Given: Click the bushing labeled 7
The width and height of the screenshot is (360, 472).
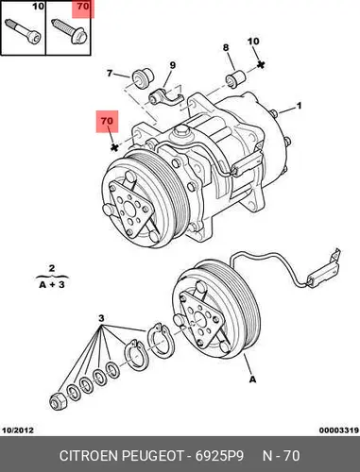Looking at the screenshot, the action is pos(142,77).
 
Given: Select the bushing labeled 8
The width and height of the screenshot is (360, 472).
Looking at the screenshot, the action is pos(235,78).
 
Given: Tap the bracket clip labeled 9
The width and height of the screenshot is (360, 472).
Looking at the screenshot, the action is pos(165,98).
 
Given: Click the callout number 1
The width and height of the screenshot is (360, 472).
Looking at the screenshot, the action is pos(299,106).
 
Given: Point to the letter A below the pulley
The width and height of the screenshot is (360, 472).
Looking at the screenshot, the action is pos(252,379).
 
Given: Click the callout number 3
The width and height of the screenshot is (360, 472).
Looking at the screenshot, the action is pos(101,318).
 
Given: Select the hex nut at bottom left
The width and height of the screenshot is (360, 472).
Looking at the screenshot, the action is pos(58,401).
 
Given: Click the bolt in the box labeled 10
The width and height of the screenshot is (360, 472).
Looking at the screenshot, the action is pos(24,32).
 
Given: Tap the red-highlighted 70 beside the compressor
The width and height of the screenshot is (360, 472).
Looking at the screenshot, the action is pos(107,121).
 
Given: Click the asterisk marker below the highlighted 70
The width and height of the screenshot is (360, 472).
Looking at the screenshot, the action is pos(114,147).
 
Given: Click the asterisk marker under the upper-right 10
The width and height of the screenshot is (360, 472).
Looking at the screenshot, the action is pos(260,65).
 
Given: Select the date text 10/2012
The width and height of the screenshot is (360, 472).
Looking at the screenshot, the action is pos(18,430).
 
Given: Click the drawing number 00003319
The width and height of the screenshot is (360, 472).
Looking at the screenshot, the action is pos(339,430).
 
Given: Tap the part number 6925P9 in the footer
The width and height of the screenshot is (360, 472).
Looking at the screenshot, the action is pos(219,456).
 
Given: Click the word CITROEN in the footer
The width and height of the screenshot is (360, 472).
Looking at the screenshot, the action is pos(89,456).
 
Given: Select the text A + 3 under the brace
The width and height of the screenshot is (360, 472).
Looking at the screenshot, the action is pos(52,285).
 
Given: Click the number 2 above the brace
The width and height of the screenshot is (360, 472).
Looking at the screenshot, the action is pos(52,268).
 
